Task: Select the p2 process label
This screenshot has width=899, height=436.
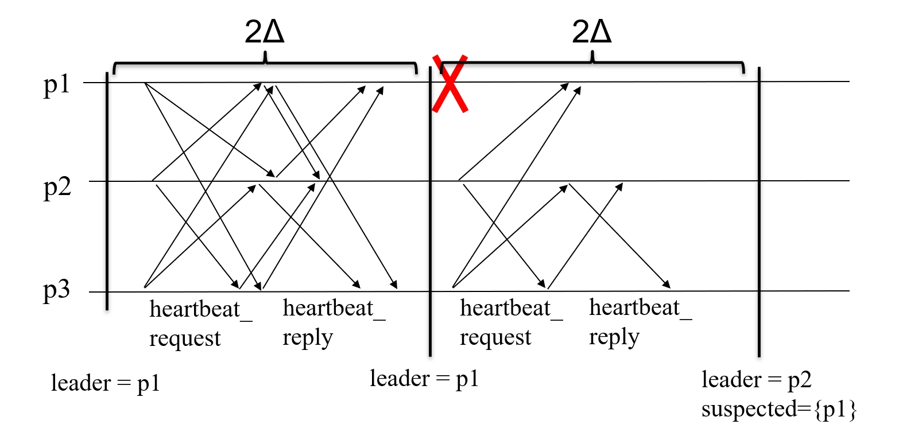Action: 56,189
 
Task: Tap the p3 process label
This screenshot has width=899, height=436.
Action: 56,291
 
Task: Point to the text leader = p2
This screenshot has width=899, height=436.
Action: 756,380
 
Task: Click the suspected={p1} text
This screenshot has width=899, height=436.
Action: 778,411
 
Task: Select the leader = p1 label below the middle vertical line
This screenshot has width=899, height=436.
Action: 424,379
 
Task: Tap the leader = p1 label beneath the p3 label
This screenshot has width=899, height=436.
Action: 105,383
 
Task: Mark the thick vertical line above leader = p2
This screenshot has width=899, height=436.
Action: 759,218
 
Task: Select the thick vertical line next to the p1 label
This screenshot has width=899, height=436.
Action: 107,189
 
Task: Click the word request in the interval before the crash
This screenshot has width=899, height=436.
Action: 184,338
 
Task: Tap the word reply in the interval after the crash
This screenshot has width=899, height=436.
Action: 614,337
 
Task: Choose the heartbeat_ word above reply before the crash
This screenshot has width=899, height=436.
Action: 334,309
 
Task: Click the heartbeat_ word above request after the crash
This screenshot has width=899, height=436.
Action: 511,309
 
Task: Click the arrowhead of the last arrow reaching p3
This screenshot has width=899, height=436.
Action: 666,285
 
